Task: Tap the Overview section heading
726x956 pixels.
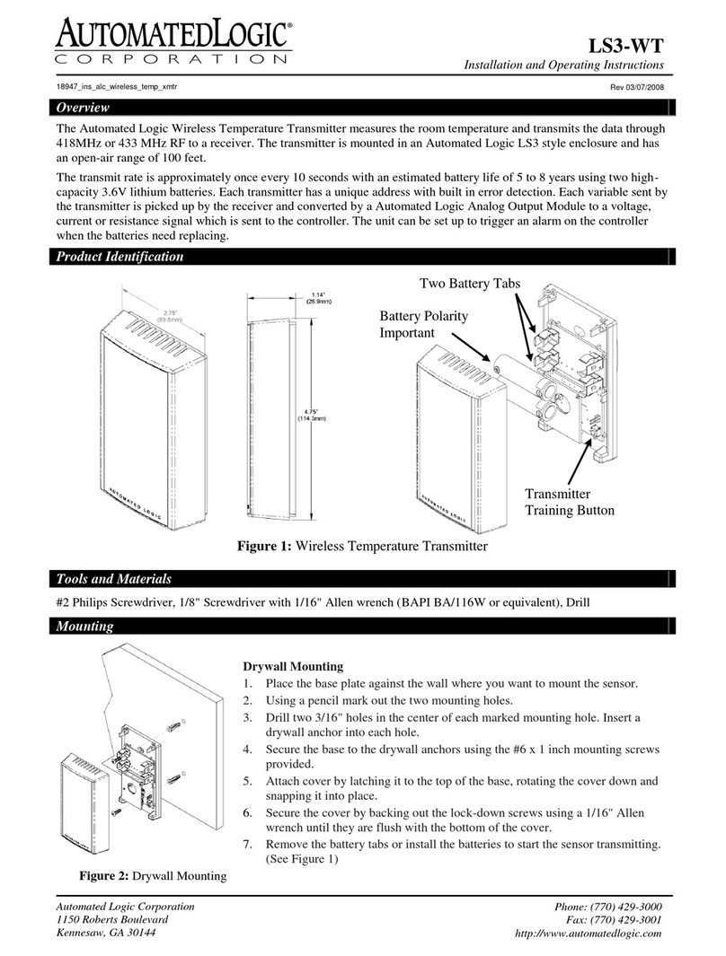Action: click(79, 108)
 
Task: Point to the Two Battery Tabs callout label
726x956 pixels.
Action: click(470, 284)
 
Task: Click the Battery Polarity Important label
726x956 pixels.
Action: click(423, 325)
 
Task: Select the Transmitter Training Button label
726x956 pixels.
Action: click(569, 503)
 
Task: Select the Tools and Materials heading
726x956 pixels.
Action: click(109, 579)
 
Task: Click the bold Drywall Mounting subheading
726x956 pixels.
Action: click(293, 667)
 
